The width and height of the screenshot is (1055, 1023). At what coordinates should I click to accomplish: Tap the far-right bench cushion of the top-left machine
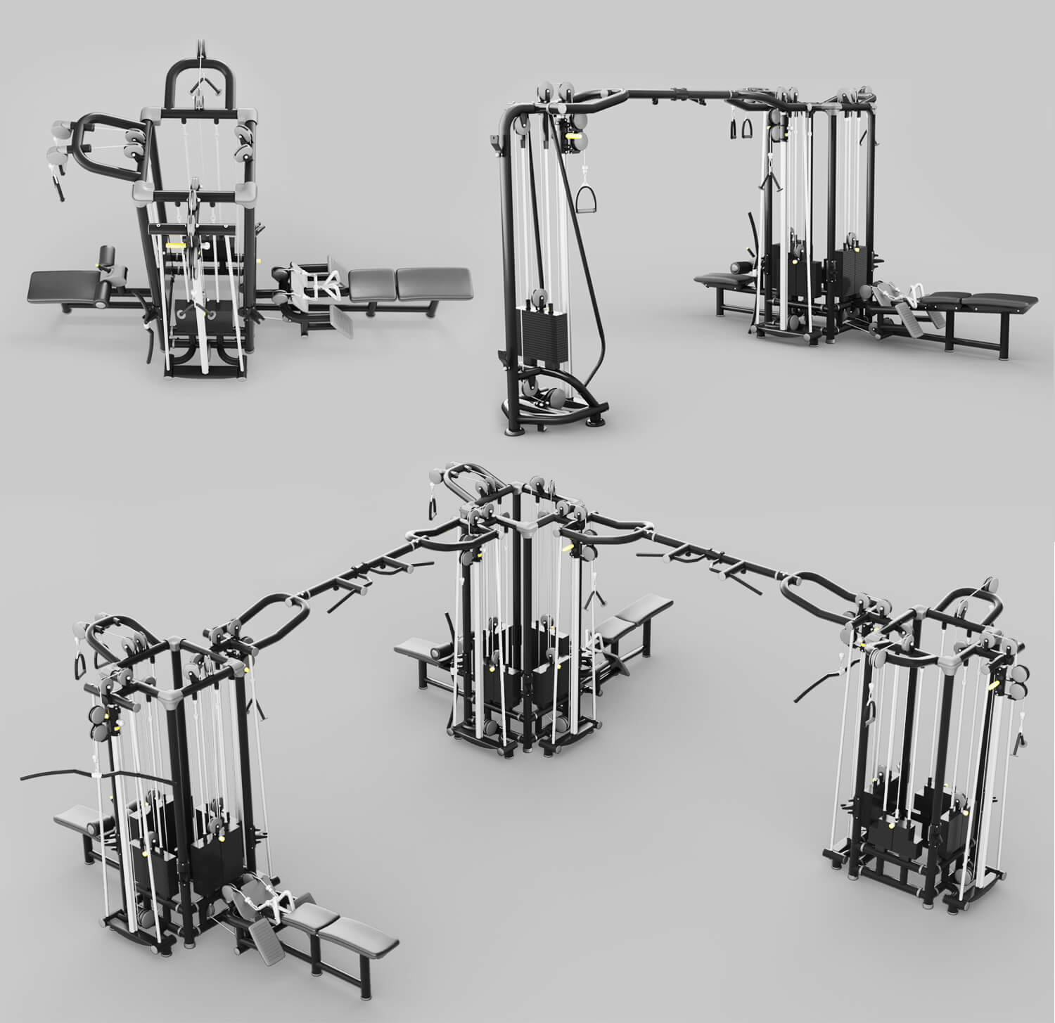433,282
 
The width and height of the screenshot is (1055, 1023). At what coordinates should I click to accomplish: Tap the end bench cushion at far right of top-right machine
999,302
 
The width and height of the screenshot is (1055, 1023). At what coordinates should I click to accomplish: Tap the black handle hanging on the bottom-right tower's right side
1018,740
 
